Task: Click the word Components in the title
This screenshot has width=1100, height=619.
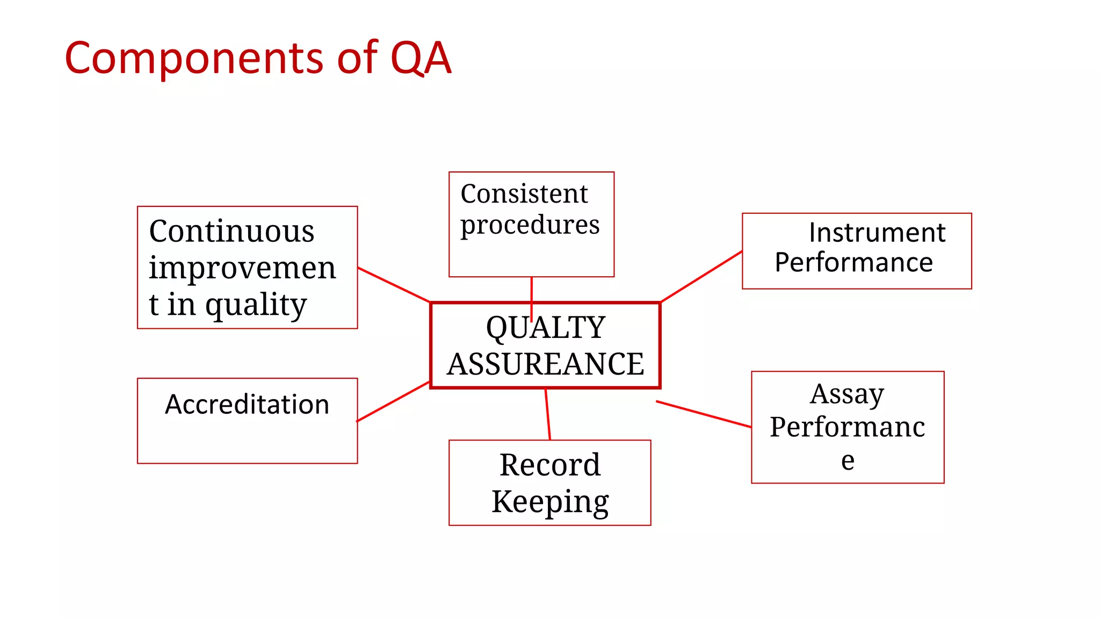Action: tap(193, 58)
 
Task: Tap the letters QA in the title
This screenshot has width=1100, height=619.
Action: tap(421, 58)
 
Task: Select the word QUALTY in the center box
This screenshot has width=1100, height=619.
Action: tap(546, 327)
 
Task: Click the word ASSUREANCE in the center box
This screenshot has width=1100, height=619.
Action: tap(546, 364)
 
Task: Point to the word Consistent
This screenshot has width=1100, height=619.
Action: tap(524, 193)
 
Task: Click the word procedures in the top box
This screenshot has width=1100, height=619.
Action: tap(530, 225)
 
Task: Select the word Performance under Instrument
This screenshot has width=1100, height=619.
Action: tap(854, 263)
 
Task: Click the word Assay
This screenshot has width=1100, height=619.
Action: tap(847, 394)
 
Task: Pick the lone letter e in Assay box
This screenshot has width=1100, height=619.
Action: tap(848, 460)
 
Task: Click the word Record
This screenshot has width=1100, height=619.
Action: tap(550, 464)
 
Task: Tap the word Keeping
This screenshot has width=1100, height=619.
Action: tap(550, 501)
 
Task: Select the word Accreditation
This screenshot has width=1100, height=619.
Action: tap(247, 404)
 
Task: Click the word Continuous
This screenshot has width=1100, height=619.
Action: tap(231, 232)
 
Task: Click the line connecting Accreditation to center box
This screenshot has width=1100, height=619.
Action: tap(393, 401)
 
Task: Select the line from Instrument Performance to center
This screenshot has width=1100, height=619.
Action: tap(701, 276)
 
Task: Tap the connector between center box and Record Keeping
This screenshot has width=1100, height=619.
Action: tap(548, 414)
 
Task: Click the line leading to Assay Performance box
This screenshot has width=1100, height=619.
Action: tap(704, 414)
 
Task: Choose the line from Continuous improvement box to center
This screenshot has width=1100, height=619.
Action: tap(394, 285)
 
